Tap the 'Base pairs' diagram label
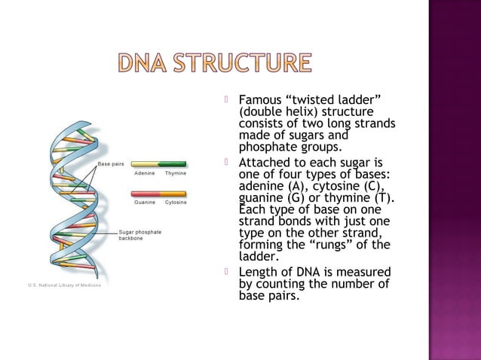coord(110,163)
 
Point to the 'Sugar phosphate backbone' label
coord(140,235)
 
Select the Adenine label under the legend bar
coord(146,173)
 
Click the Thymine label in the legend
coord(176,173)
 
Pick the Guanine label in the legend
coord(146,203)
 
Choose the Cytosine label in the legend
coord(176,203)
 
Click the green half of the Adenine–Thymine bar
coord(174,163)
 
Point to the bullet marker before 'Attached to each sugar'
coord(227,163)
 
